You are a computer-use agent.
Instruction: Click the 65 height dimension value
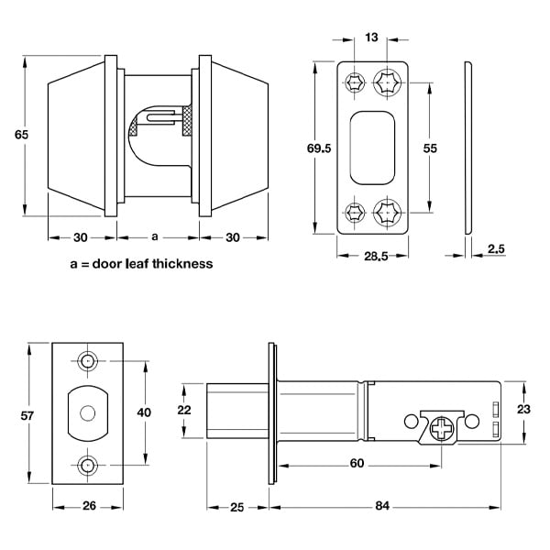click(22, 135)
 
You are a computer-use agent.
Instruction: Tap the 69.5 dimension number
click(317, 147)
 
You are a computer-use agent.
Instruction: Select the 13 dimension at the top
click(371, 37)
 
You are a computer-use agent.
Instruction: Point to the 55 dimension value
click(429, 148)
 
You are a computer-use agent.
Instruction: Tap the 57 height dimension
click(27, 416)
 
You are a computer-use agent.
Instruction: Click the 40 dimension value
click(143, 412)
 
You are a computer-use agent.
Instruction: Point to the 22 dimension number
click(184, 410)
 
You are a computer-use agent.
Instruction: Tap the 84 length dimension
click(382, 506)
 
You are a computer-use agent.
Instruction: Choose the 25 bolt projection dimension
click(236, 506)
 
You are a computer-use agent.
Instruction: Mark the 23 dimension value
click(524, 410)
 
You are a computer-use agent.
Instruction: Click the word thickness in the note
click(183, 264)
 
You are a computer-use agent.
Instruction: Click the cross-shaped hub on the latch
click(444, 428)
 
